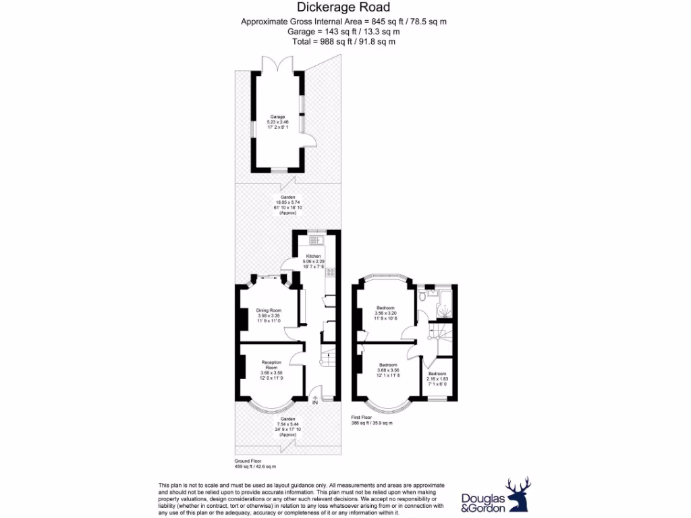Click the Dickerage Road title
(344, 8)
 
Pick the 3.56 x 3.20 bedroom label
(385, 313)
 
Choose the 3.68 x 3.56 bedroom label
(388, 369)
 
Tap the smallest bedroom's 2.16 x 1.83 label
(437, 378)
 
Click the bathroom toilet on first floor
(422, 295)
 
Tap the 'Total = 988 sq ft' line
(343, 41)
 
